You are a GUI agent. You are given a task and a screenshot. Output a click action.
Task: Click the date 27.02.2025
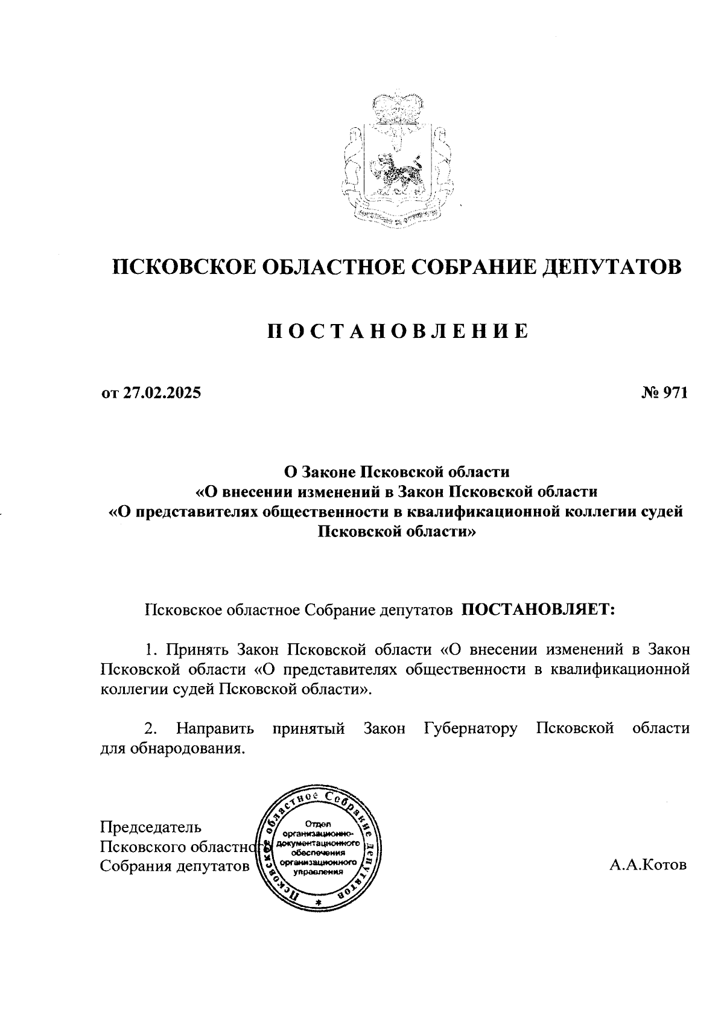pos(162,393)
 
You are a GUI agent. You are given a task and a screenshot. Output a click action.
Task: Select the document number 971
pos(675,393)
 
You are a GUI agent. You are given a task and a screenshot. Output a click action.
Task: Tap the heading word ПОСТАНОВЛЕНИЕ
pos(398,331)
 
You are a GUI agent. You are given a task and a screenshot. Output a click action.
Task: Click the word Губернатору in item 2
pos(471,728)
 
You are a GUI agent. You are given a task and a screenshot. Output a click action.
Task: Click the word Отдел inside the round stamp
pos(318,824)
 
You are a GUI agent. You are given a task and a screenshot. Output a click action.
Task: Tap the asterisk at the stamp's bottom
pos(318,902)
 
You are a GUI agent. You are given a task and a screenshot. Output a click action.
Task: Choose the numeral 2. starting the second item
pos(151,728)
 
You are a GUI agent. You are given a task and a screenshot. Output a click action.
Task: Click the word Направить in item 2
pos(215,728)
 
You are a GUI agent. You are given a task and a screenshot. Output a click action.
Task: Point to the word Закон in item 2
pos(384,728)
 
